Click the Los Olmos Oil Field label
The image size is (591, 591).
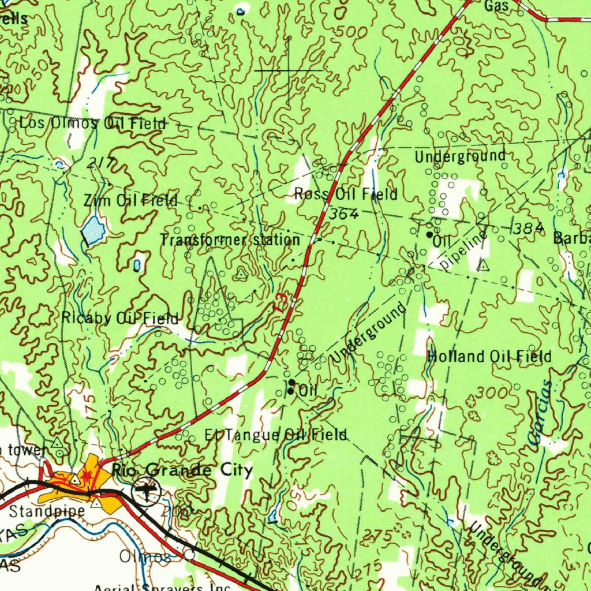(92, 123)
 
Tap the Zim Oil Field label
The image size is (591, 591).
(130, 201)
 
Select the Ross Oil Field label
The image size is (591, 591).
(345, 194)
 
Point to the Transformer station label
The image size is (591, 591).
(230, 240)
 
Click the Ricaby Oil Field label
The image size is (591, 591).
(120, 318)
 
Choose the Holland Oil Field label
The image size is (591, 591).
(489, 357)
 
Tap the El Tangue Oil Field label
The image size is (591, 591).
(276, 435)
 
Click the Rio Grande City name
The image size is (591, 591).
(182, 471)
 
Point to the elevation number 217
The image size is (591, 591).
(99, 164)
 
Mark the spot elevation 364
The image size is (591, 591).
(345, 214)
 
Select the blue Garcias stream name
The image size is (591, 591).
(541, 413)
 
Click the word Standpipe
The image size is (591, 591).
(47, 511)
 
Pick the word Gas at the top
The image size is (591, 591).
(496, 6)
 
